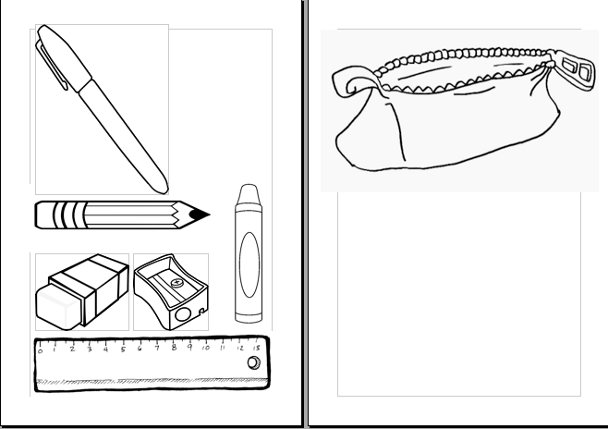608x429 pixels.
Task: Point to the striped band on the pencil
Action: point(66,215)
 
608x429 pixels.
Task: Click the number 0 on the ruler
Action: point(40,349)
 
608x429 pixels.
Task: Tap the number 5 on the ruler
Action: point(122,349)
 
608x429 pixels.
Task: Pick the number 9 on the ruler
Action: point(188,349)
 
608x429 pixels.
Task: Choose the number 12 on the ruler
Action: point(238,349)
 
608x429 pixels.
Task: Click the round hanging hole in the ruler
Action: point(252,363)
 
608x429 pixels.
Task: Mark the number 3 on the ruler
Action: point(89,349)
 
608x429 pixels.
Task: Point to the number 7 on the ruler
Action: point(155,349)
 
